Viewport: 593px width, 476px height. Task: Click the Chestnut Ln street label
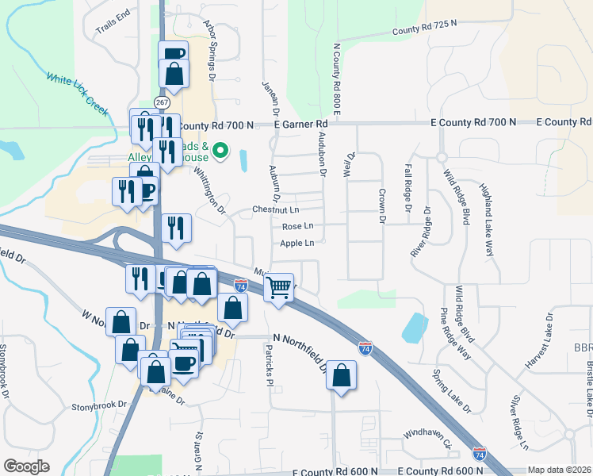click(x=275, y=210)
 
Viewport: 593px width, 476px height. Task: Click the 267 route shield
click(x=162, y=102)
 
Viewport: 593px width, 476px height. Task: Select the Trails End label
click(x=113, y=22)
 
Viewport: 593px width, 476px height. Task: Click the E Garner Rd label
click(x=300, y=125)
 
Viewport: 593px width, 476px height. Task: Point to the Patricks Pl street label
click(x=269, y=364)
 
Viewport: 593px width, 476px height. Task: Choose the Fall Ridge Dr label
click(x=408, y=188)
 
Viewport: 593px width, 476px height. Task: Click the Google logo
click(x=26, y=466)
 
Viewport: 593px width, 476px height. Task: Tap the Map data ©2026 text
click(x=559, y=470)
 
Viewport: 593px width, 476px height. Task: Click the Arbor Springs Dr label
click(x=210, y=52)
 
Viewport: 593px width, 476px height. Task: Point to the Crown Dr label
click(x=381, y=205)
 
